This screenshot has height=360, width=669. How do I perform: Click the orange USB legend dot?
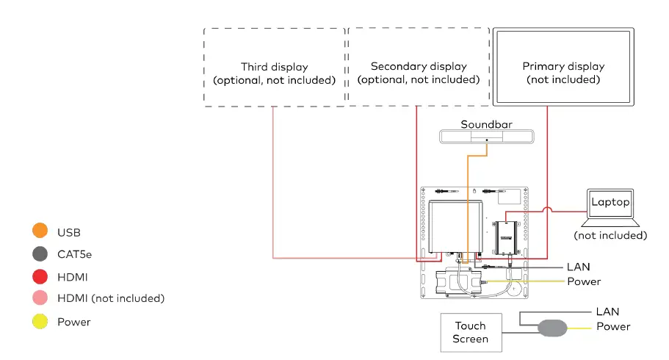click(x=40, y=232)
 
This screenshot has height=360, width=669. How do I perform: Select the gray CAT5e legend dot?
click(x=40, y=254)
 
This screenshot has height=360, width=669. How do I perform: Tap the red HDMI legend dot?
click(x=40, y=277)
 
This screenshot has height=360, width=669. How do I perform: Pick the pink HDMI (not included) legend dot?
click(x=40, y=298)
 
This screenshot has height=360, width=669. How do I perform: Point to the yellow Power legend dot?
click(x=40, y=321)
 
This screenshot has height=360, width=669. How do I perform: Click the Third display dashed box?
click(x=274, y=68)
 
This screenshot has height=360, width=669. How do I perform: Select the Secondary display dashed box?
click(x=419, y=68)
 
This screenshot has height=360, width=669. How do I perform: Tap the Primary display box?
click(x=563, y=67)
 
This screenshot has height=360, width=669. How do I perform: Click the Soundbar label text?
click(x=486, y=125)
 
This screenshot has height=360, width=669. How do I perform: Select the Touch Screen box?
click(x=470, y=332)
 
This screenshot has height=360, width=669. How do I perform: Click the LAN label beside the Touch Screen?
click(x=607, y=312)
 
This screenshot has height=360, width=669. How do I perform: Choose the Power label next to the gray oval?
click(x=613, y=327)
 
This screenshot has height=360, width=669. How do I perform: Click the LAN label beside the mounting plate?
click(x=578, y=267)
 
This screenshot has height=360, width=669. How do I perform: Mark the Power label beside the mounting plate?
click(x=584, y=281)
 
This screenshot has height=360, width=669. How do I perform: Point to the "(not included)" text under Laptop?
click(x=610, y=236)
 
